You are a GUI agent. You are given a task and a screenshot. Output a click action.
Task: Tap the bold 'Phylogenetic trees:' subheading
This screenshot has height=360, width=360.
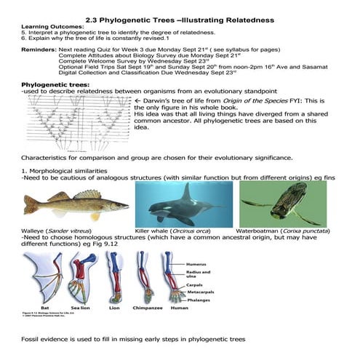pyautogui.click(x=57, y=84)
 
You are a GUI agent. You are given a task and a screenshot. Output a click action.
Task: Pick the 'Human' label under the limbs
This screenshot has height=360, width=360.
pyautogui.click(x=179, y=308)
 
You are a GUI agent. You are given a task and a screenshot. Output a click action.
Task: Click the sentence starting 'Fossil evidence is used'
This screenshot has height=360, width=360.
pyautogui.click(x=133, y=340)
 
